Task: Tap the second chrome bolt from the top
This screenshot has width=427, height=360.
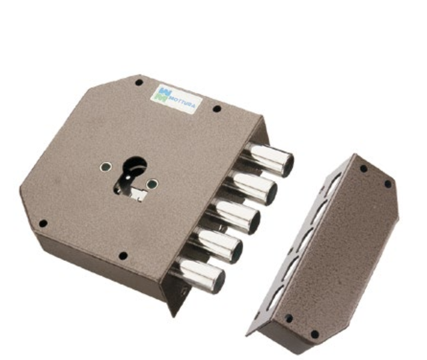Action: click(x=250, y=187)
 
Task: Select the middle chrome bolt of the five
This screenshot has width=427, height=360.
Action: click(x=234, y=216)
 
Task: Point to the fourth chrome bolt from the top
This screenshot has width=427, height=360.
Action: click(x=216, y=245)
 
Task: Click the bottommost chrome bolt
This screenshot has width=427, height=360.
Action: click(x=199, y=274)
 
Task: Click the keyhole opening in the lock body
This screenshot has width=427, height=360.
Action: click(x=131, y=178)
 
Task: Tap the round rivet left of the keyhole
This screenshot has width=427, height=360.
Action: click(x=105, y=166)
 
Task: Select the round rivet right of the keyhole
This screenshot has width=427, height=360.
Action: click(x=152, y=184)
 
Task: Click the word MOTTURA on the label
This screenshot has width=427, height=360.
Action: click(x=182, y=102)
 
